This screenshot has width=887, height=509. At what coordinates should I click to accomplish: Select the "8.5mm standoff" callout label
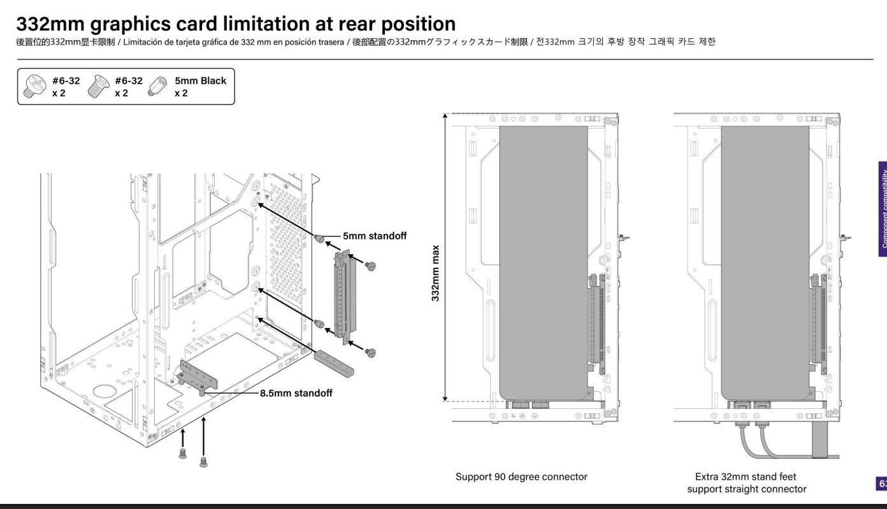[298, 393]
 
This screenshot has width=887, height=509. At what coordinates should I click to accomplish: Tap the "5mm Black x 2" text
[201, 87]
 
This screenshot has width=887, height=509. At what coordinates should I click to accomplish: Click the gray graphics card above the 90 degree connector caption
[543, 255]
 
